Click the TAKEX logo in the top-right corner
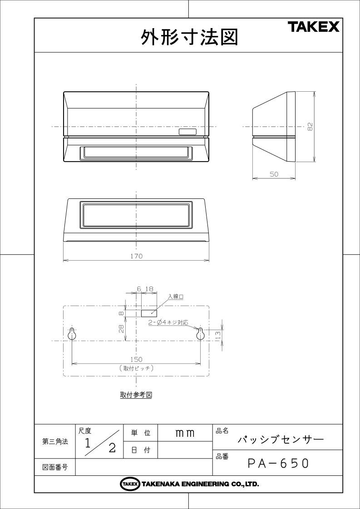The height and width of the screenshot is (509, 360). [314, 27]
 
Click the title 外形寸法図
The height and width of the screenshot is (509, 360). [190, 37]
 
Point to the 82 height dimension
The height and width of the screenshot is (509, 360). [310, 127]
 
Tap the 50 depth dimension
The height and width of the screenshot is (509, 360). [274, 174]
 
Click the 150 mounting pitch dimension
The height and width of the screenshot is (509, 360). [136, 359]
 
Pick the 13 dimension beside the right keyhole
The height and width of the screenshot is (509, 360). [218, 334]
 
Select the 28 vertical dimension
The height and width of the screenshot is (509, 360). [121, 329]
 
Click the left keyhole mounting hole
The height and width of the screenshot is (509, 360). [72, 334]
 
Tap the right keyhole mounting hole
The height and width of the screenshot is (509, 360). [201, 334]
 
